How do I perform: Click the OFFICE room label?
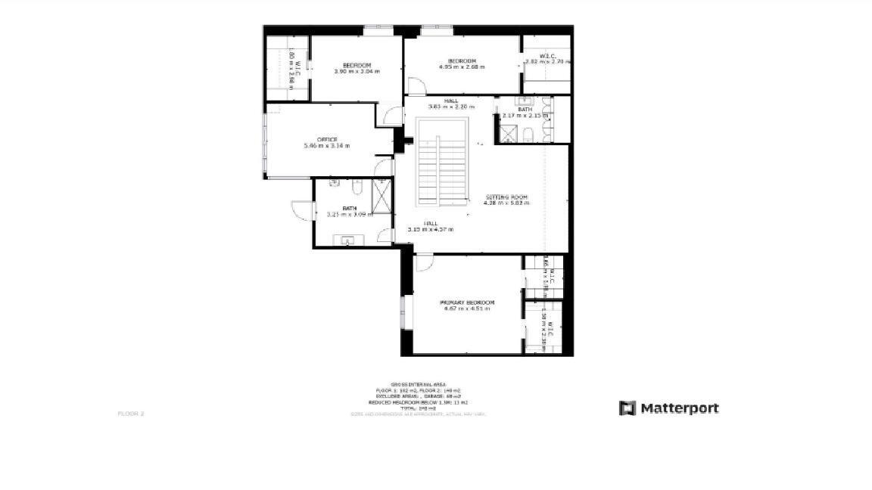tap(327, 139)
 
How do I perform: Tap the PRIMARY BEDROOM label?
tap(467, 302)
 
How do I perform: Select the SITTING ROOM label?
tap(507, 197)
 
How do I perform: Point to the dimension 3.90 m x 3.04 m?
tap(357, 71)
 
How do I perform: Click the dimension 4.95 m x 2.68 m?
tap(462, 67)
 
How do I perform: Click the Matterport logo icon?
tap(628, 408)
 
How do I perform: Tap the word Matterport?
tap(680, 408)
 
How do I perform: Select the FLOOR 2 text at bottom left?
tap(131, 414)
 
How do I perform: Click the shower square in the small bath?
tap(506, 135)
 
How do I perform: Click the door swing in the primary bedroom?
tap(423, 262)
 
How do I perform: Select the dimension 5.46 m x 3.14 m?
tap(327, 145)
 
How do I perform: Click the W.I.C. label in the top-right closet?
tap(548, 54)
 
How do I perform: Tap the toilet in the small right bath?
tap(530, 135)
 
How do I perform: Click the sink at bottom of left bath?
tap(349, 241)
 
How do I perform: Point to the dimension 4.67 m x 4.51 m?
tap(467, 309)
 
